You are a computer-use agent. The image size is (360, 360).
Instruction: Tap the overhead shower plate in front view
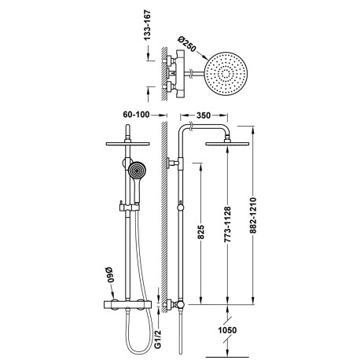[126, 144]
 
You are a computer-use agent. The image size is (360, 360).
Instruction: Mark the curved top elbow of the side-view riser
[186, 129]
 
